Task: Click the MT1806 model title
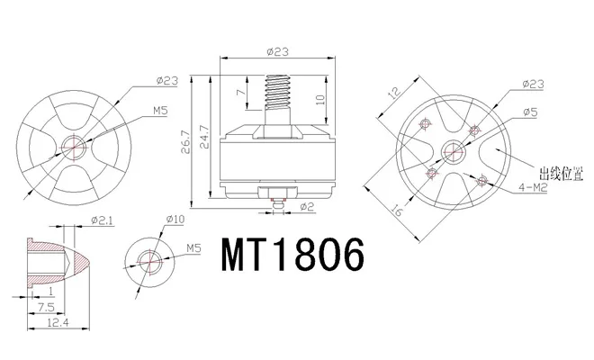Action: point(292,255)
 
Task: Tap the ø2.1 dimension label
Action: point(103,220)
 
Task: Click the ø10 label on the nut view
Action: point(175,219)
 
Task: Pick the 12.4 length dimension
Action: point(58,322)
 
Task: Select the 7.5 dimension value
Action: point(46,307)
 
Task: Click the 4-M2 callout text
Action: point(533,187)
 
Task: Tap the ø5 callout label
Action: point(530,112)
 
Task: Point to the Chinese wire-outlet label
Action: point(562,174)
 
